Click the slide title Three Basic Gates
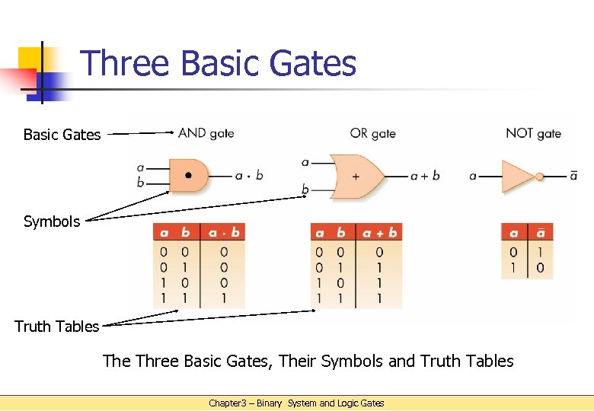click(218, 63)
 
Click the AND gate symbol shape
click(188, 175)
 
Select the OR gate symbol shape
click(357, 175)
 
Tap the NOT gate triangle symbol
click(518, 176)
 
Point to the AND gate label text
click(206, 133)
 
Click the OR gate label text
click(372, 133)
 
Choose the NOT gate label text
click(533, 133)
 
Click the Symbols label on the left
click(52, 221)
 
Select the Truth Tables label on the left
click(57, 327)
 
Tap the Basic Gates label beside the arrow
click(62, 135)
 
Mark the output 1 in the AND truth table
click(224, 298)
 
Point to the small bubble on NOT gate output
click(540, 176)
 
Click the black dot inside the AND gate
click(188, 175)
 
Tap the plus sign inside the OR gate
click(356, 176)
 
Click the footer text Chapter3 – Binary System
click(297, 403)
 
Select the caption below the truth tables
click(308, 361)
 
